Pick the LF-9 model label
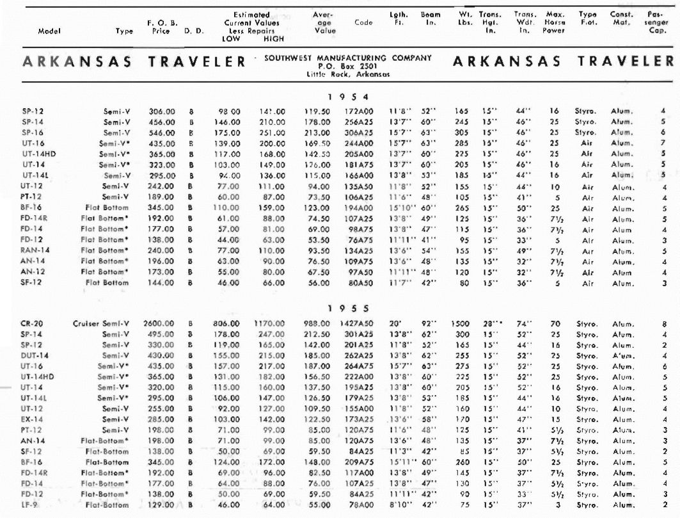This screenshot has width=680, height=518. tap(29, 505)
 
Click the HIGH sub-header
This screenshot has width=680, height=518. tap(274, 38)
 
